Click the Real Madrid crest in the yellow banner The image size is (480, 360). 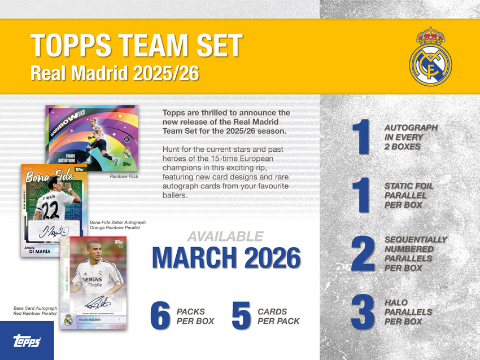pos(430,57)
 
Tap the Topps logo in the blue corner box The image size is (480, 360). pos(26,341)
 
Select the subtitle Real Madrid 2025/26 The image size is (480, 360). pos(115,73)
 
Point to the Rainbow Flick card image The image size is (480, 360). pos(91,138)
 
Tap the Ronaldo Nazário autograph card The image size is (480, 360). pos(93,282)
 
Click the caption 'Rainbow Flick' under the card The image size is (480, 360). pos(124,177)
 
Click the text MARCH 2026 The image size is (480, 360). pos(226,257)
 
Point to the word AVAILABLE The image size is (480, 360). pos(225,236)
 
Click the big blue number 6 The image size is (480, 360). pos(160,316)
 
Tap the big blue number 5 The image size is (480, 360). pos(241,316)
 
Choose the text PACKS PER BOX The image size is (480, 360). pos(195,316)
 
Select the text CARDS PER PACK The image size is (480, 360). pos(278,316)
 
